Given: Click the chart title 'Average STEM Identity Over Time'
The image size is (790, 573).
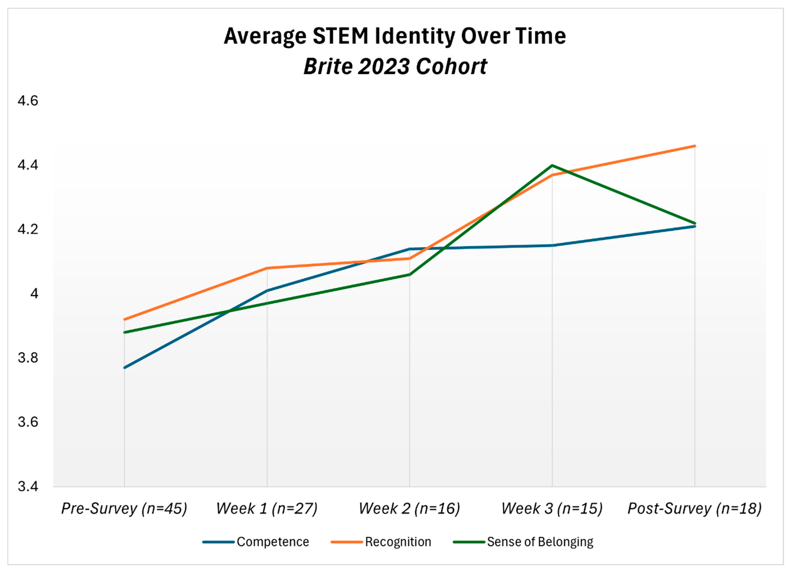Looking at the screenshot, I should (395, 36).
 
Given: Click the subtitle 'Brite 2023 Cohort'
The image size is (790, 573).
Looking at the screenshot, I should (395, 66).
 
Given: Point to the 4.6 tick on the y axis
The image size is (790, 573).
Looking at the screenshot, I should (28, 101).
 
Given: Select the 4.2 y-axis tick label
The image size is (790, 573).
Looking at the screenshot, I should (28, 230).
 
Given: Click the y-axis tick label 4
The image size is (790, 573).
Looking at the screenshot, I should (34, 294).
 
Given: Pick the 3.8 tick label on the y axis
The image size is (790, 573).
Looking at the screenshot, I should (28, 358).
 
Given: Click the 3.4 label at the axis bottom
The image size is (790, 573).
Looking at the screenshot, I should (28, 486).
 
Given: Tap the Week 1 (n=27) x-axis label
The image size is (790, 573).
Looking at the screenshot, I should (267, 509).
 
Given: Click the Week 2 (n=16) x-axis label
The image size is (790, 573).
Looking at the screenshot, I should (409, 509).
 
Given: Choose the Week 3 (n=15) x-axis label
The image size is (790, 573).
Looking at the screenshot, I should (552, 509).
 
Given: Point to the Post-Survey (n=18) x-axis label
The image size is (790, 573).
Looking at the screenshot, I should (695, 509).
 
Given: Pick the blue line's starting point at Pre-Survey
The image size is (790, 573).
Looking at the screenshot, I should (124, 367).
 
